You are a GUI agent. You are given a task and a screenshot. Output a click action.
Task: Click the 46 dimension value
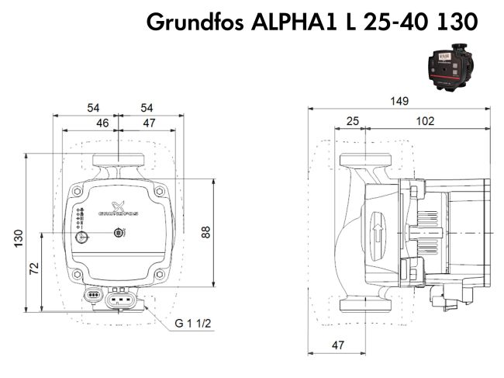pos(102,122)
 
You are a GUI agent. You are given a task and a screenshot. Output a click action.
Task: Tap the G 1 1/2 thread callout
pos(192,322)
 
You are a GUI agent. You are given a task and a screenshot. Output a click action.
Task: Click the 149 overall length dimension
pos(399,102)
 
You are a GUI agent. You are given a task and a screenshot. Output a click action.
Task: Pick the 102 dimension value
pos(424,122)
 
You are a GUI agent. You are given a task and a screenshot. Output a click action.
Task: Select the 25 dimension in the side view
pos(353,122)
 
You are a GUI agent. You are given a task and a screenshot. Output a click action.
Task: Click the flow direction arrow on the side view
pos(378,233)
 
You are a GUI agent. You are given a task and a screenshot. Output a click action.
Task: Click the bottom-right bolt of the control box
pos(159,274)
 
